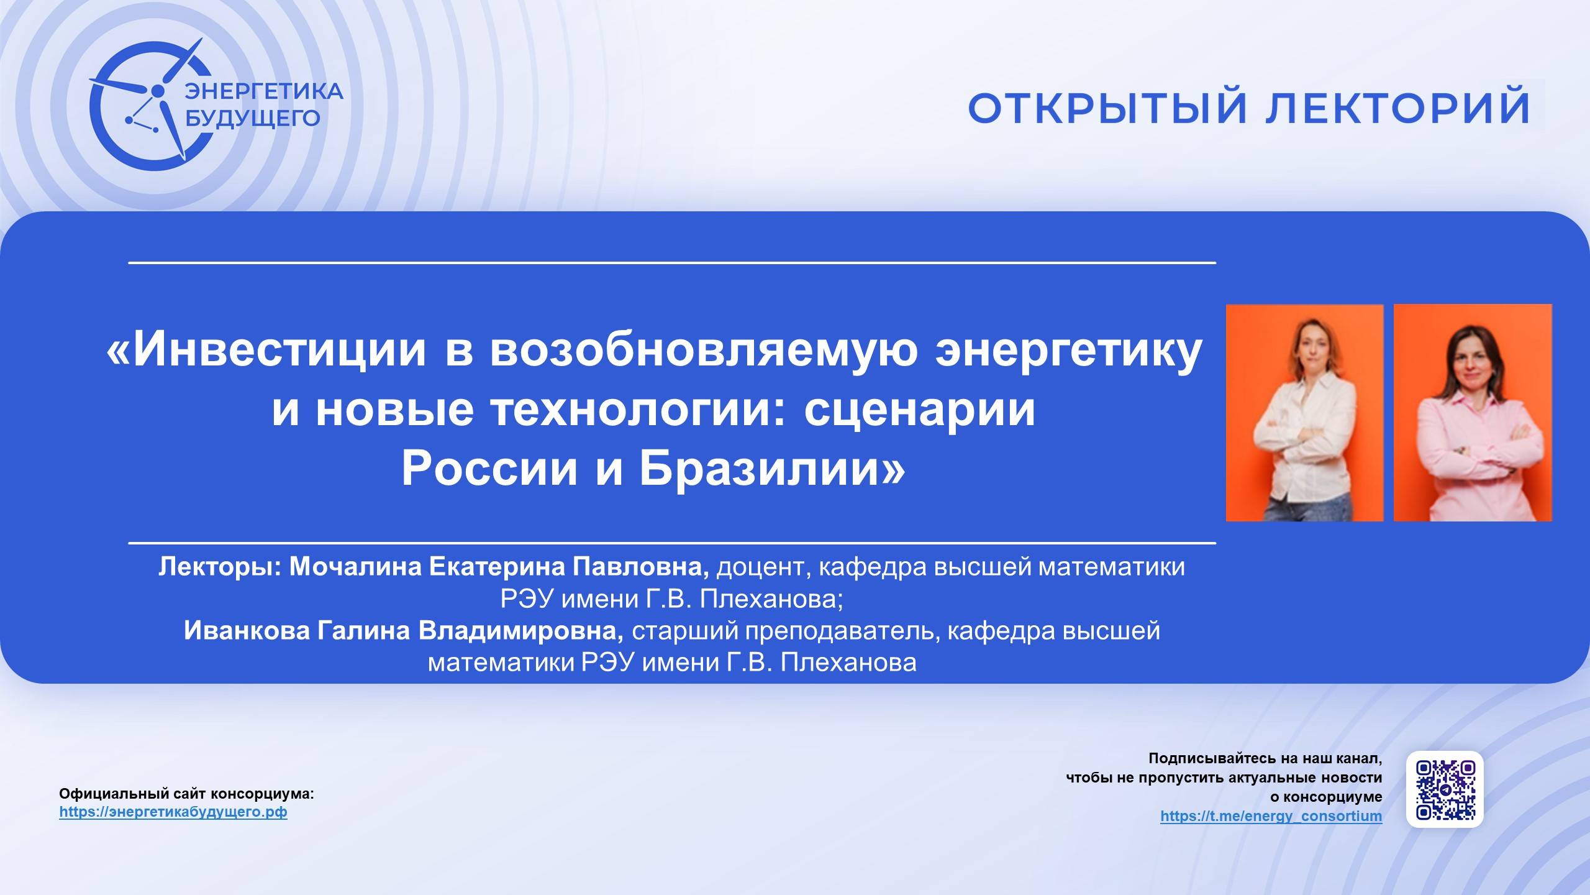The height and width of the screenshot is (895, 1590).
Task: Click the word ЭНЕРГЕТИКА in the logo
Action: [x=265, y=91]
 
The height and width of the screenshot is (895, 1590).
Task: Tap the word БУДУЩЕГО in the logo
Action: [x=253, y=117]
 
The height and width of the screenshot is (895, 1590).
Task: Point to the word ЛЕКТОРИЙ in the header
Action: [x=1398, y=108]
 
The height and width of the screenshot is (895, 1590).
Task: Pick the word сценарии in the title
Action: [x=920, y=410]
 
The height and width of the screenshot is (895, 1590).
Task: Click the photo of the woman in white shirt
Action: [x=1304, y=413]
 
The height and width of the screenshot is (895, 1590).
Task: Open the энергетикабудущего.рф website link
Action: [x=173, y=812]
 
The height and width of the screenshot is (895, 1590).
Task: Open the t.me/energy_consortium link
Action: [x=1271, y=816]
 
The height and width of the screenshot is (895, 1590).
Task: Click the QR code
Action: [x=1445, y=789]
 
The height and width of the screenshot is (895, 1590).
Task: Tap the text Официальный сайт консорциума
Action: [x=186, y=794]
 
